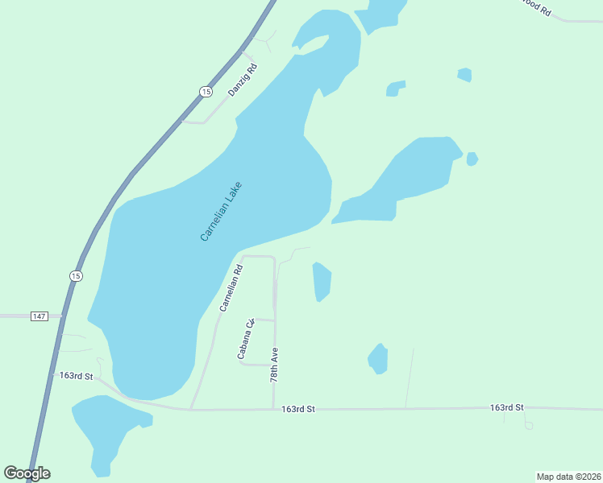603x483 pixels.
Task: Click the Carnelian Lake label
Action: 221,211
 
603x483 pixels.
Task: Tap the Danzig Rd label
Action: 242,80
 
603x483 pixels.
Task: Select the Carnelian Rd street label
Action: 231,288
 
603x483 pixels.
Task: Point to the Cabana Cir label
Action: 245,339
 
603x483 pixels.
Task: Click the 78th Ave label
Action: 274,365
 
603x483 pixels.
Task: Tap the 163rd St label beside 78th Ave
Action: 298,409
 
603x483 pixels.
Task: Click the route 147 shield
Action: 40,316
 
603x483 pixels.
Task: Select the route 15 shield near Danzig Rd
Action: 206,92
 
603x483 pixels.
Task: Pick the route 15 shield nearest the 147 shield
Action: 76,275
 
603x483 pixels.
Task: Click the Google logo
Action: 27,473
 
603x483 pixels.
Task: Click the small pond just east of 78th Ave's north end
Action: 322,282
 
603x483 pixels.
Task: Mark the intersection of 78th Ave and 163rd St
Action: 274,409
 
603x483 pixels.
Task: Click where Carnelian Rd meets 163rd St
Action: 191,408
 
